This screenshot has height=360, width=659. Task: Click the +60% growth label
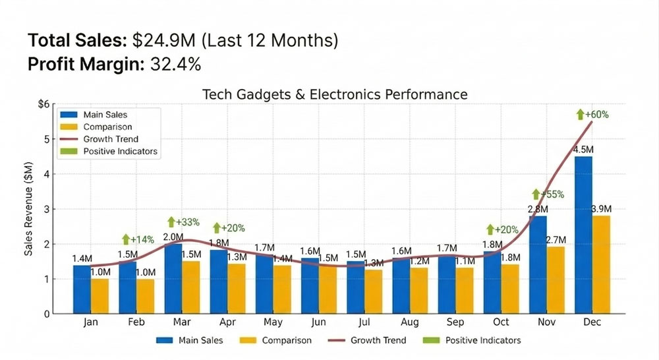pos(592,114)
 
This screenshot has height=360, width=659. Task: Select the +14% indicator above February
pos(139,239)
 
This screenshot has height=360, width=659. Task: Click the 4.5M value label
pos(583,149)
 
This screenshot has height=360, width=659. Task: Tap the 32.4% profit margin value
pos(177,65)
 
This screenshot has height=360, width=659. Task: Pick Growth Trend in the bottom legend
pos(378,340)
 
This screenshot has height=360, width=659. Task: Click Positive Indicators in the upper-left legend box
pos(121,152)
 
